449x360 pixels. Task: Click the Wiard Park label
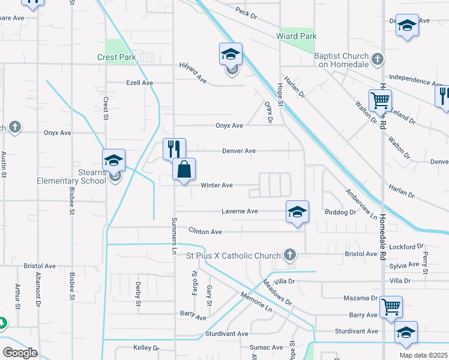(296, 37)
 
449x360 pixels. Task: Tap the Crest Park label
(116, 58)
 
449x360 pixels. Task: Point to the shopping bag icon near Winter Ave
(184, 170)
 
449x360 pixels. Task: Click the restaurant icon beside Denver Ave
(175, 149)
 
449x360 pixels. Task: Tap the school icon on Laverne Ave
(297, 212)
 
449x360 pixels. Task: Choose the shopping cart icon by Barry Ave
(391, 308)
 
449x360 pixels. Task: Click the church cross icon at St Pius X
(290, 254)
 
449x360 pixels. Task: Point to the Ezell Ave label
(139, 83)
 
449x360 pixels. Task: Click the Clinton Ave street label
(205, 232)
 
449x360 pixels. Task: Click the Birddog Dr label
(340, 212)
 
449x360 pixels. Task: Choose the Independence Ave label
(415, 79)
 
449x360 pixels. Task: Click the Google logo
(20, 353)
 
